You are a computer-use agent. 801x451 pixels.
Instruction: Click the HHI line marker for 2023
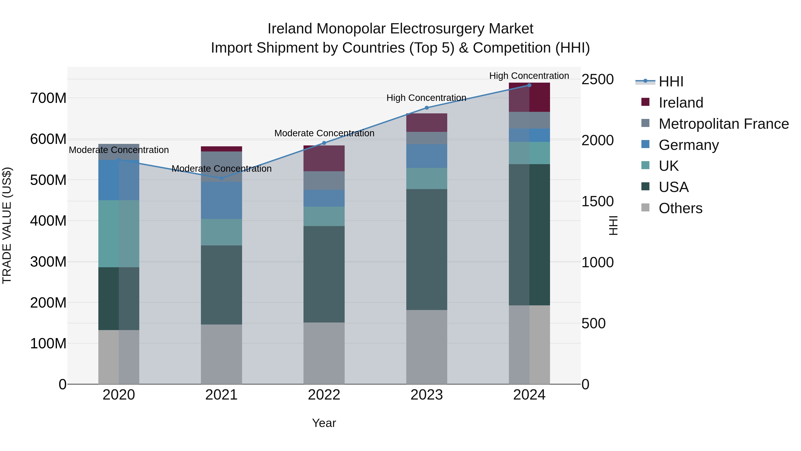[427, 108]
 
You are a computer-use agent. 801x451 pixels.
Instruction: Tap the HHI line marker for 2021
[221, 178]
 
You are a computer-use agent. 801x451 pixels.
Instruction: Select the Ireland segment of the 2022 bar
[324, 159]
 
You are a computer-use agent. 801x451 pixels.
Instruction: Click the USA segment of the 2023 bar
[427, 249]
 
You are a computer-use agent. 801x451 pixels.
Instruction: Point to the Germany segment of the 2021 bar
[221, 200]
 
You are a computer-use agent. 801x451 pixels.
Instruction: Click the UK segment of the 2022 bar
[324, 216]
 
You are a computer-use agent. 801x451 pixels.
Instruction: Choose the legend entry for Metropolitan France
[723, 124]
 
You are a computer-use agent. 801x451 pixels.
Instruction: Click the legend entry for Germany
[688, 145]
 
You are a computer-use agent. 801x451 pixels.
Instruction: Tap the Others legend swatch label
[680, 208]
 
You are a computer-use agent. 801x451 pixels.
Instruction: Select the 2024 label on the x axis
[529, 395]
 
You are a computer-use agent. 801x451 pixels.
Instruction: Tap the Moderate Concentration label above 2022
[324, 133]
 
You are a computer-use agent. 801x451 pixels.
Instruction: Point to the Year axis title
[324, 423]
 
